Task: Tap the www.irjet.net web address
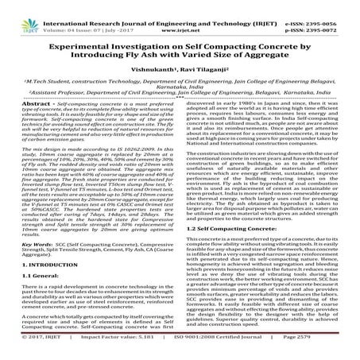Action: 180,14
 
